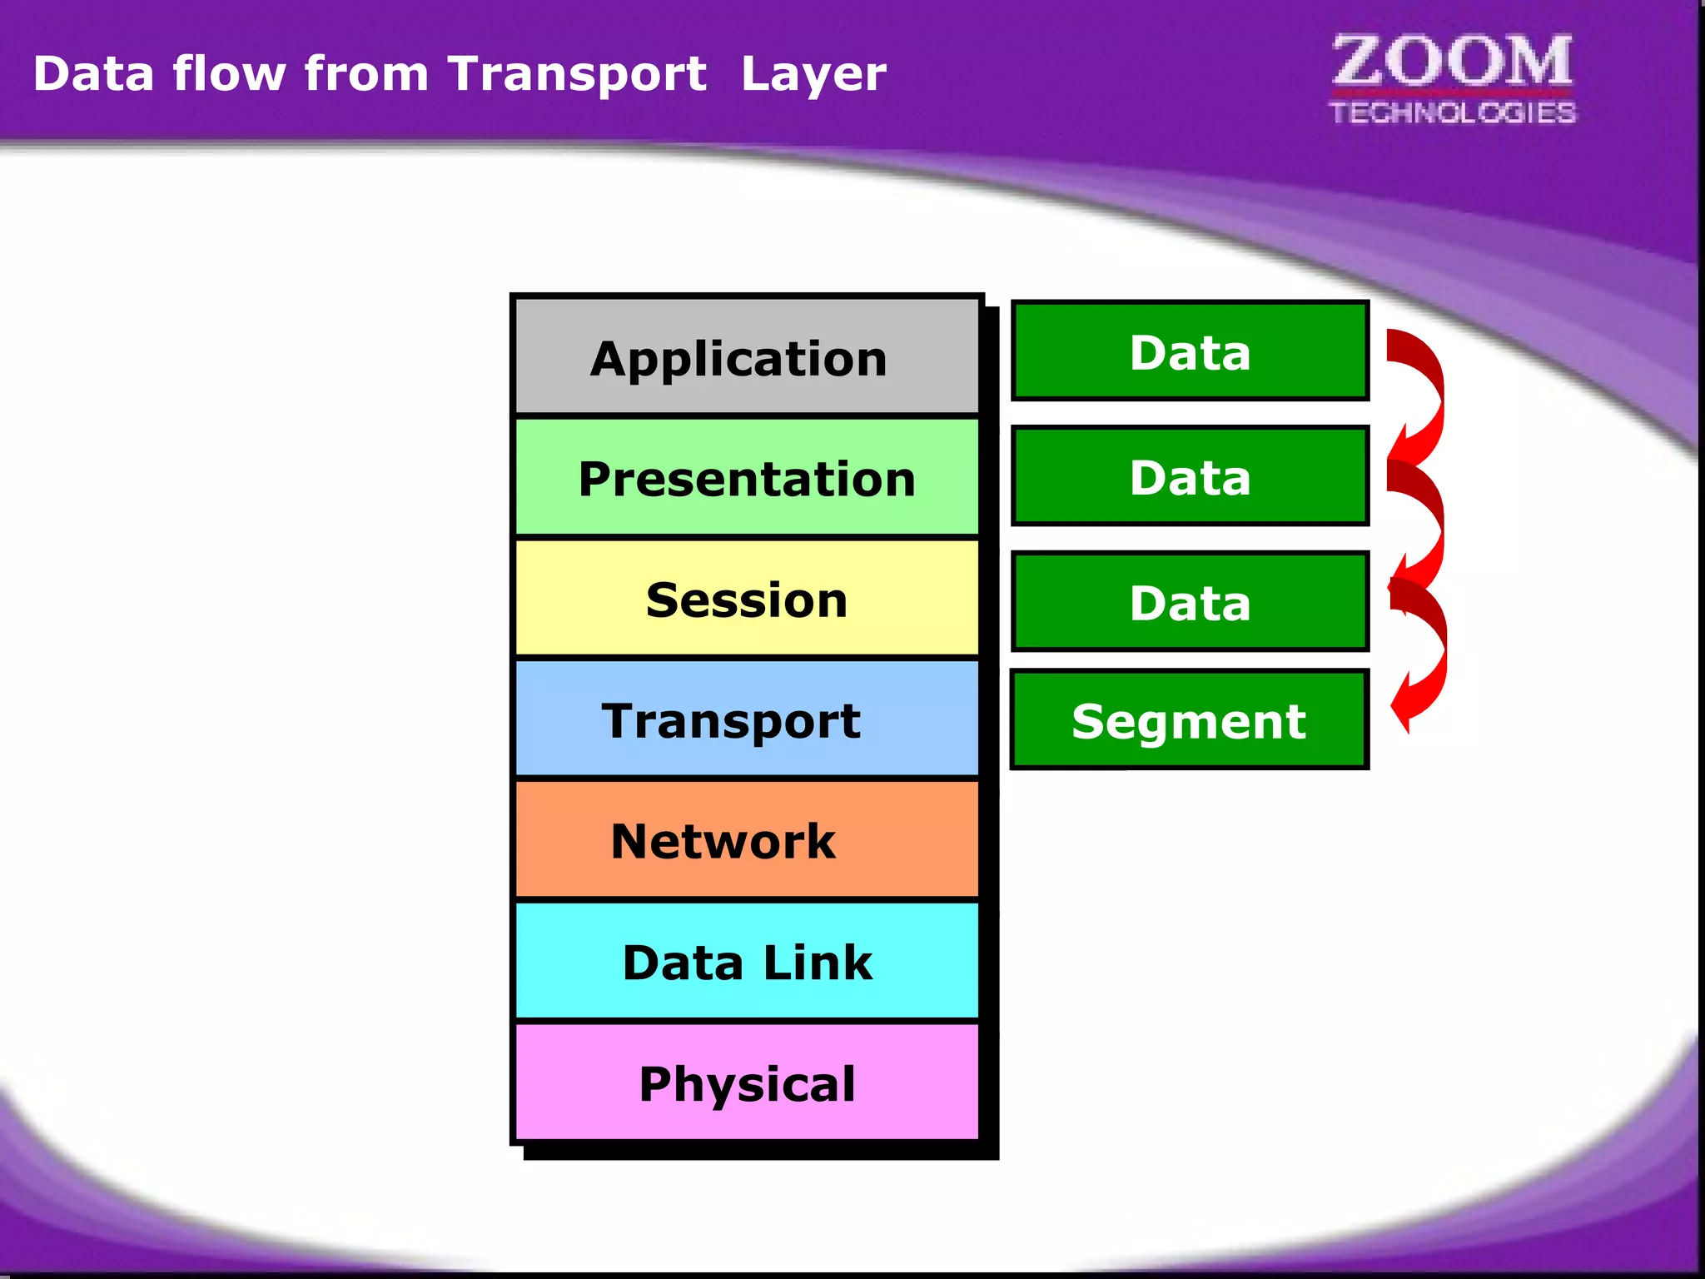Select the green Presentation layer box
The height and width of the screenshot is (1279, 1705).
pos(747,478)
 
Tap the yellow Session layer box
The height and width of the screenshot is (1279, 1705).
pos(747,599)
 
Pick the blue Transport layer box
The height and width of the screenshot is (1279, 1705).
pos(747,719)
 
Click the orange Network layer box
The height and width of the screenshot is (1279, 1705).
pos(747,839)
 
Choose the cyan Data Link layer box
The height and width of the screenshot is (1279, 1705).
pos(747,961)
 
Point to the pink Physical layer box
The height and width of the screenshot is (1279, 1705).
pos(747,1082)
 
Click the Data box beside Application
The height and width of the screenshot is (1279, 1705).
pos(1190,351)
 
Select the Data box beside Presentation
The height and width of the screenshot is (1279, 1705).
pos(1190,476)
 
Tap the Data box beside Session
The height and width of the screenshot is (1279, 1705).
pos(1190,601)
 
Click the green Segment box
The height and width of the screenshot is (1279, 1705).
pos(1190,719)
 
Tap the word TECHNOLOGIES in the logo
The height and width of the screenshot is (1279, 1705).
pos(1452,112)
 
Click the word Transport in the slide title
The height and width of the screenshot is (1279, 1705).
pos(577,73)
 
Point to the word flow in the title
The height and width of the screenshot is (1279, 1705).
pos(230,73)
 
